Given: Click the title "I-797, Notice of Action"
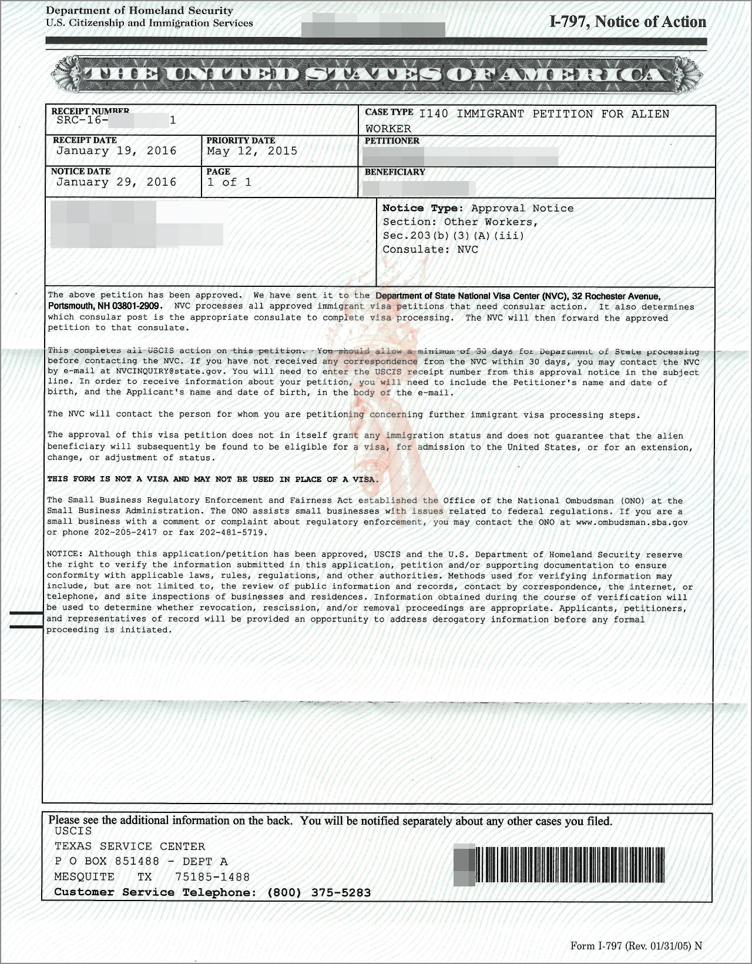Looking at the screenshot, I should click(x=627, y=22).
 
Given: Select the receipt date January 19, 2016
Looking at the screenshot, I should click(x=116, y=151).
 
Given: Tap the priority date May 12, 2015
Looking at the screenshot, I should click(x=252, y=151).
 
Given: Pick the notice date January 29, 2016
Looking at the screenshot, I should click(x=116, y=182).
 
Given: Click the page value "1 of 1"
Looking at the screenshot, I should click(x=229, y=182).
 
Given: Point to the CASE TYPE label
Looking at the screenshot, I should click(x=389, y=112).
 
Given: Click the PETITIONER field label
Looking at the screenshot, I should click(x=392, y=141).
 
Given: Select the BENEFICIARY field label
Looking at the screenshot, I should click(x=395, y=172).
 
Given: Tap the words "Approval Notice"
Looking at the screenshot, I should click(x=522, y=208).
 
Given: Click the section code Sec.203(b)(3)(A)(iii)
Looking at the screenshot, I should click(x=453, y=236).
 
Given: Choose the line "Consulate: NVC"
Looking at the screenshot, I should click(x=430, y=249).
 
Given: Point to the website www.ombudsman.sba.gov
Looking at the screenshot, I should click(x=632, y=522).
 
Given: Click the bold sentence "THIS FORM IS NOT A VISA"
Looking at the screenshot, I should click(x=213, y=479).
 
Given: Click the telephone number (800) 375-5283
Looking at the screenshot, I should click(x=319, y=892).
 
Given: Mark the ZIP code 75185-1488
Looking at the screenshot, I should click(x=212, y=877).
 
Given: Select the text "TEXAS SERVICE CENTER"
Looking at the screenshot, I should click(x=130, y=846).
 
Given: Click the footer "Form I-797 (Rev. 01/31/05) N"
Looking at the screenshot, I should click(x=636, y=946).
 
